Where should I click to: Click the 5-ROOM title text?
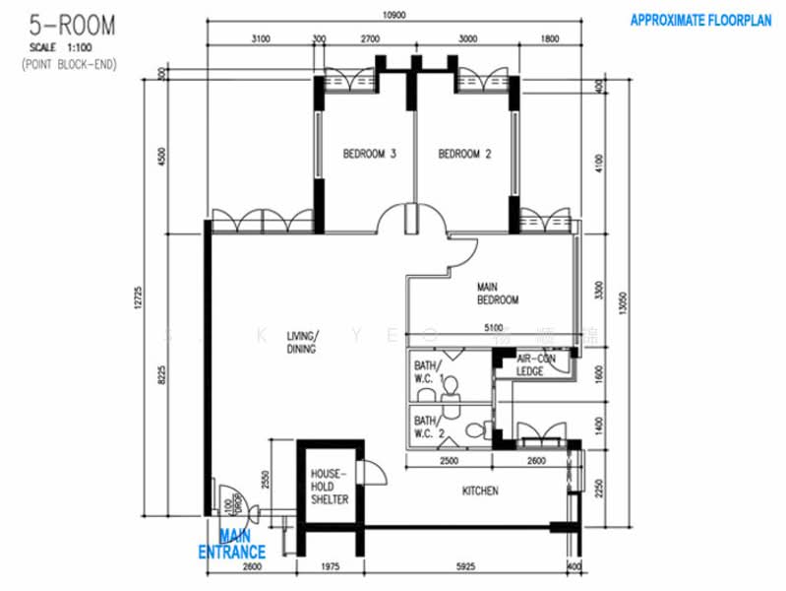[x=59, y=24]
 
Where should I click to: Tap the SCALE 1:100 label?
[x=58, y=46]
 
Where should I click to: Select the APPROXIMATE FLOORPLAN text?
[x=700, y=20]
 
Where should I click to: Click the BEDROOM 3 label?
[x=369, y=154]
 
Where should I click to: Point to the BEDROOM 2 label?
[x=464, y=154]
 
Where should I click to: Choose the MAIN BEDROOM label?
[x=498, y=294]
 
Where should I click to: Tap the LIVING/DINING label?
[x=301, y=342]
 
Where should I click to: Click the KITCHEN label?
[x=480, y=491]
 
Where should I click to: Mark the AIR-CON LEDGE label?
[x=537, y=366]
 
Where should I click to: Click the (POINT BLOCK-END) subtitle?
[x=58, y=63]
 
